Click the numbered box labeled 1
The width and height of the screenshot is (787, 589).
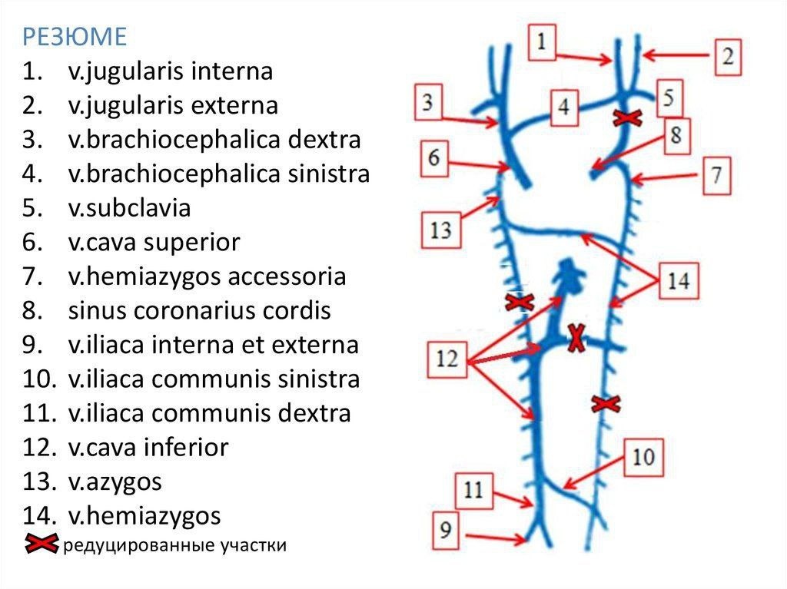coord(542,42)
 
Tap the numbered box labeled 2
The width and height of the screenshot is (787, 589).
coord(727,56)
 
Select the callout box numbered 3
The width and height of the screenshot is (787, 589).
coord(427,101)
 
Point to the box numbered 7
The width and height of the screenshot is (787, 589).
coord(716,176)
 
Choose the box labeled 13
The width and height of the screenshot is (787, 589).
coord(440,230)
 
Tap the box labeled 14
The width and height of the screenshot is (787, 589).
coord(677,281)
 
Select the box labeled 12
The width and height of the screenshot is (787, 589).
coord(448,359)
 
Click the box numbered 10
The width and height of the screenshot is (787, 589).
coord(643,458)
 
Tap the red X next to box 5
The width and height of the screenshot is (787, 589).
coord(628,118)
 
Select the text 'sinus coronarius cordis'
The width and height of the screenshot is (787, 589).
coord(199,312)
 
